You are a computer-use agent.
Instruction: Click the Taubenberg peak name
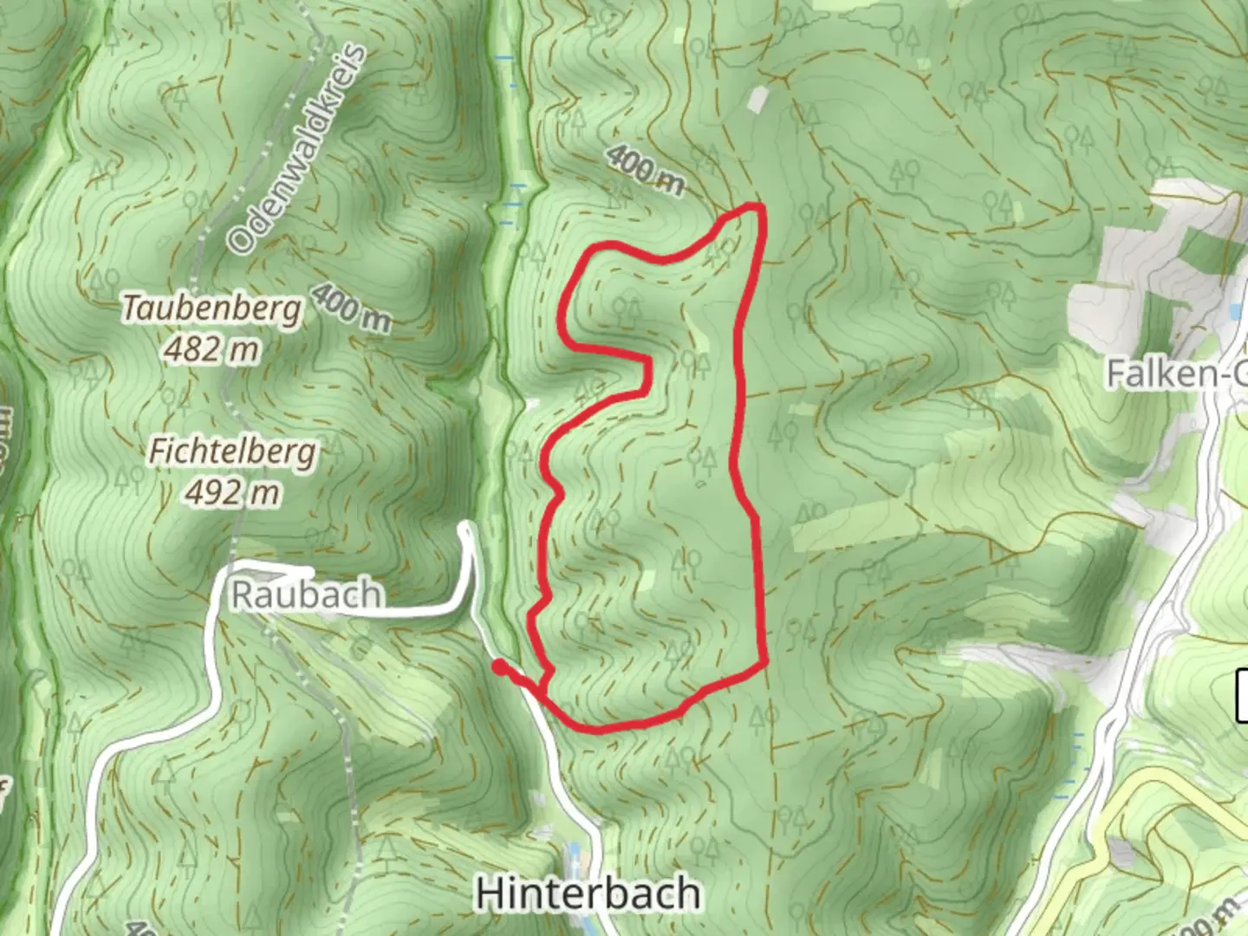pos(212,308)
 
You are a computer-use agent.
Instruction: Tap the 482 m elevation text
pos(211,349)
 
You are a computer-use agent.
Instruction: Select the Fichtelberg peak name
pos(232,452)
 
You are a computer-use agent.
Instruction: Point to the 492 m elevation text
pos(232,493)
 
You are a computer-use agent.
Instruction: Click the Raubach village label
pos(306,595)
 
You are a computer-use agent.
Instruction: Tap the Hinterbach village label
pos(588,893)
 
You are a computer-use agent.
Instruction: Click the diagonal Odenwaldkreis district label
pos(296,149)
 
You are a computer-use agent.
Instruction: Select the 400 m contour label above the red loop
pos(644,169)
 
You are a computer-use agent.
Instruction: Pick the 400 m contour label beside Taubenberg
pos(350,307)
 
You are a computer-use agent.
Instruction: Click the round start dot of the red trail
pos(499,666)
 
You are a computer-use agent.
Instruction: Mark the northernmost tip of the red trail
pos(756,206)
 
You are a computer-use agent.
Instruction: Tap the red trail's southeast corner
pos(764,663)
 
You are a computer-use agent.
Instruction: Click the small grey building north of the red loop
pos(757,101)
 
